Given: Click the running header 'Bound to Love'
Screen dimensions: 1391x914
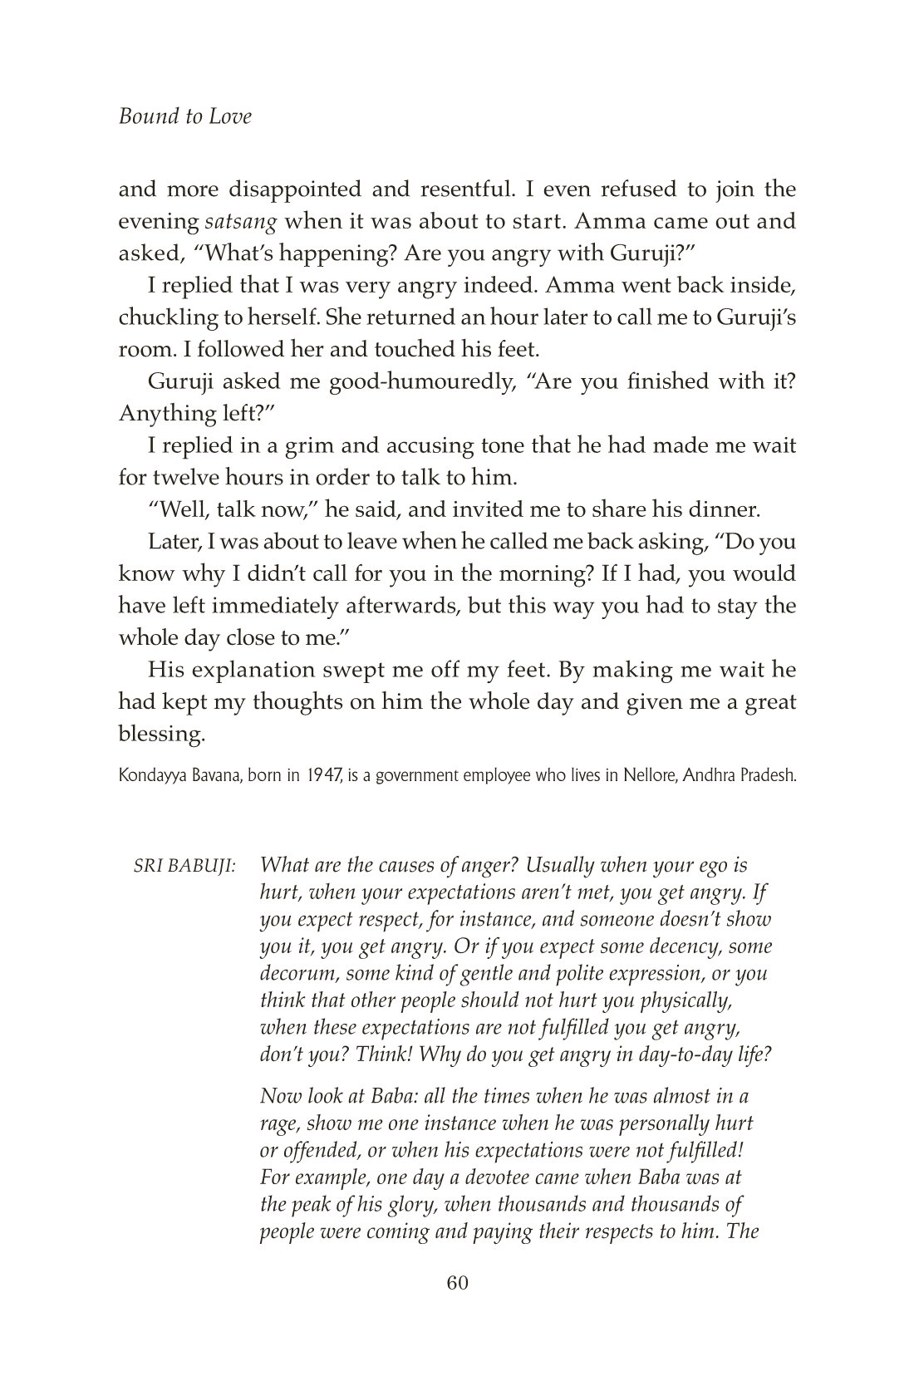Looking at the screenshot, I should tap(184, 116).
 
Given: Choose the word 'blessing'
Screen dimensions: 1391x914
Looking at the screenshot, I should tap(160, 735).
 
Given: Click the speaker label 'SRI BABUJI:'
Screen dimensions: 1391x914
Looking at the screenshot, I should tap(184, 866).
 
